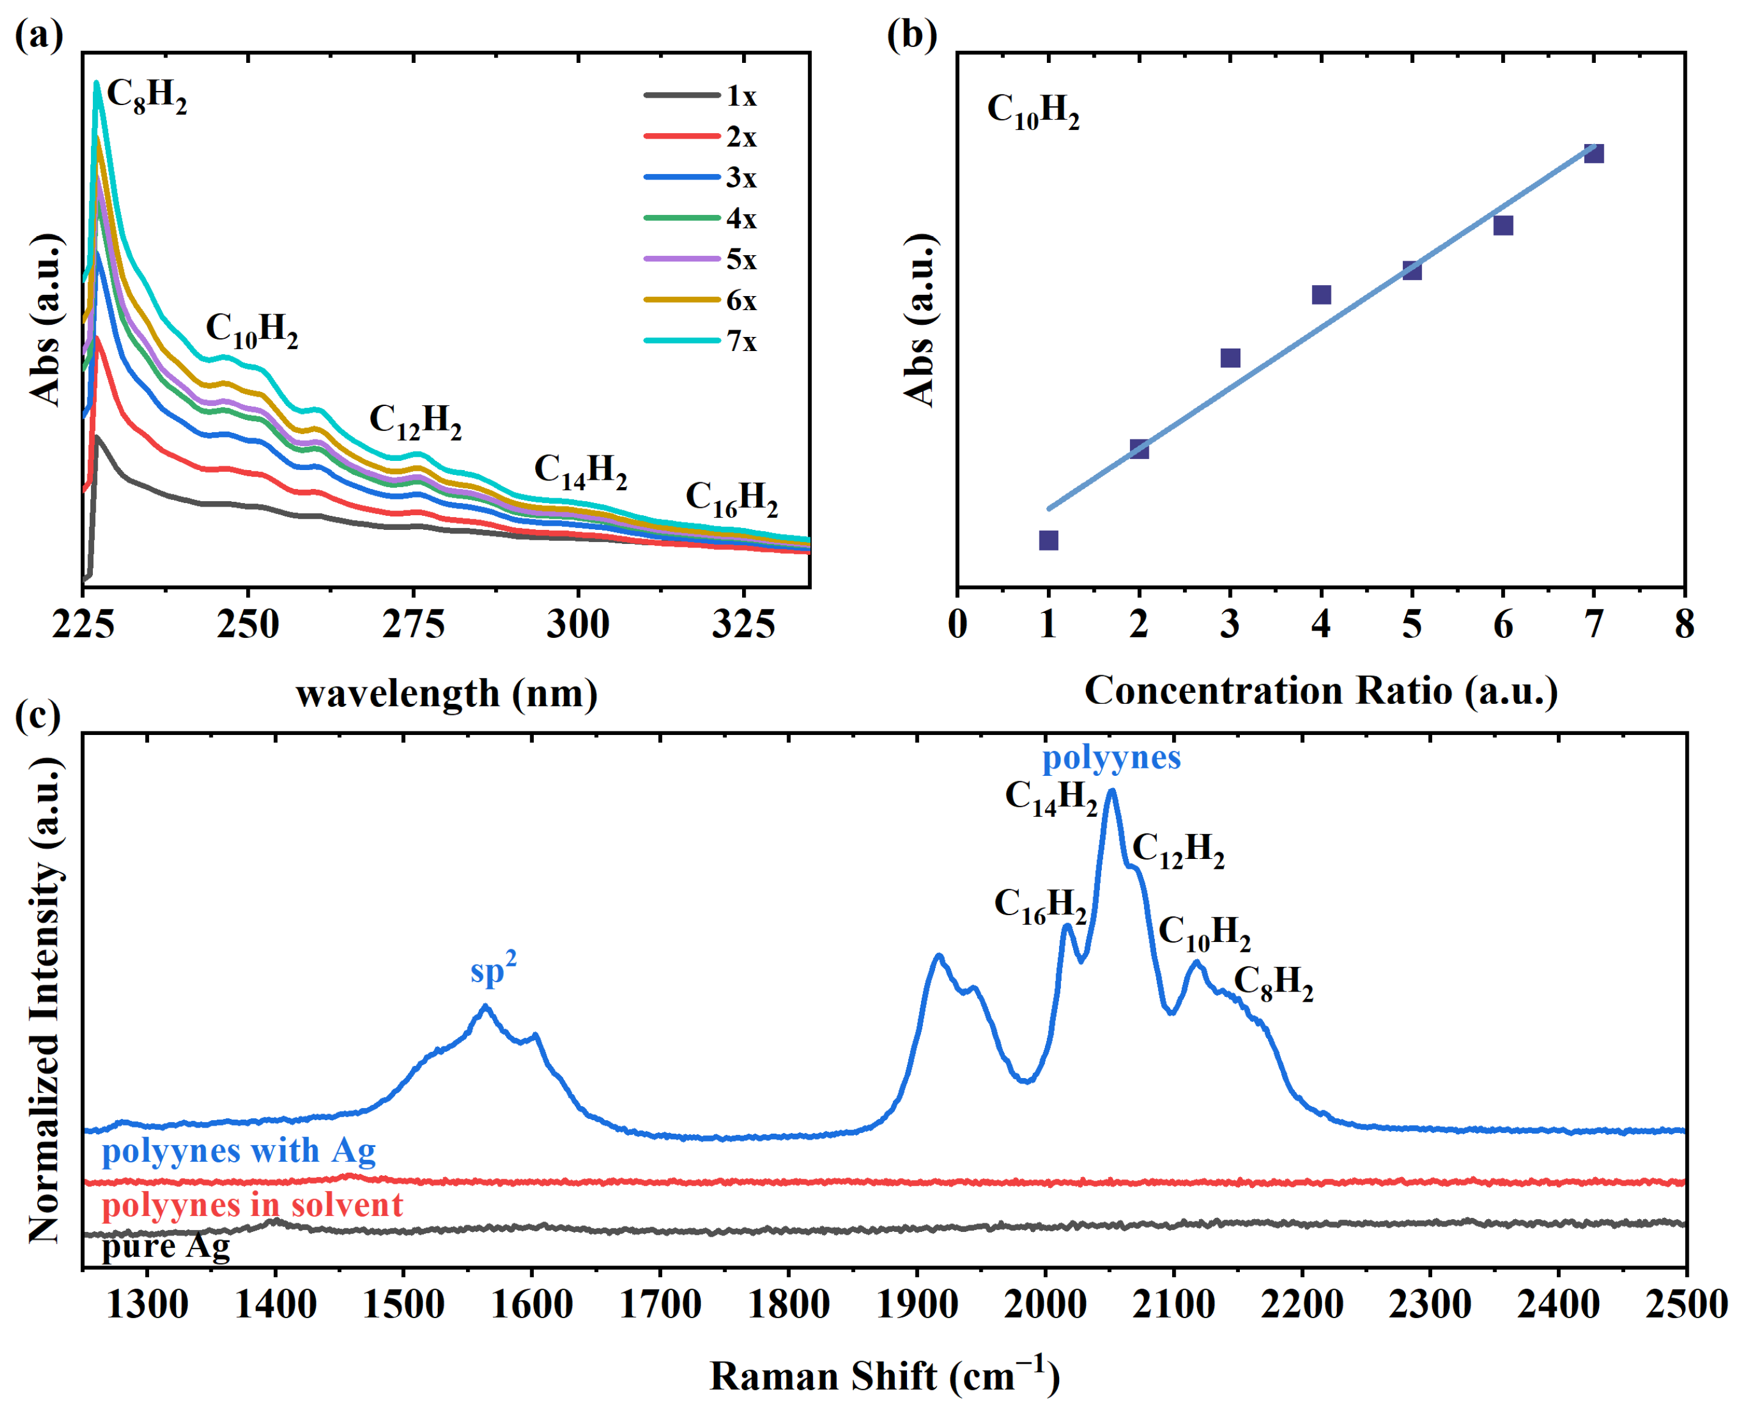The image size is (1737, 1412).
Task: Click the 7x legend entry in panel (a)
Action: [701, 341]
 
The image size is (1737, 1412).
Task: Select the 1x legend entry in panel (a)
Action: [701, 96]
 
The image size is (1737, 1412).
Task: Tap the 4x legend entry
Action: [701, 219]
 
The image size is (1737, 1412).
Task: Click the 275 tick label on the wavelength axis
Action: [413, 625]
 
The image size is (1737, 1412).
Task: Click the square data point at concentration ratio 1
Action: [1049, 541]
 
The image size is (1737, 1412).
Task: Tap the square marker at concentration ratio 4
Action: [1321, 294]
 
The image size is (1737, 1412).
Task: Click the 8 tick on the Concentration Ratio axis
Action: [1684, 625]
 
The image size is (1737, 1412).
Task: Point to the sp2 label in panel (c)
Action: [493, 969]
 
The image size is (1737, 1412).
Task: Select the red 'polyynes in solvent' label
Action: [252, 1204]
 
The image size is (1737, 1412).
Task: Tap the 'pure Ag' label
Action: [166, 1246]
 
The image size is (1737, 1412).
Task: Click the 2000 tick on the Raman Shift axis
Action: [1044, 1305]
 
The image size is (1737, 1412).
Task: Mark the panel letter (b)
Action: [911, 35]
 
